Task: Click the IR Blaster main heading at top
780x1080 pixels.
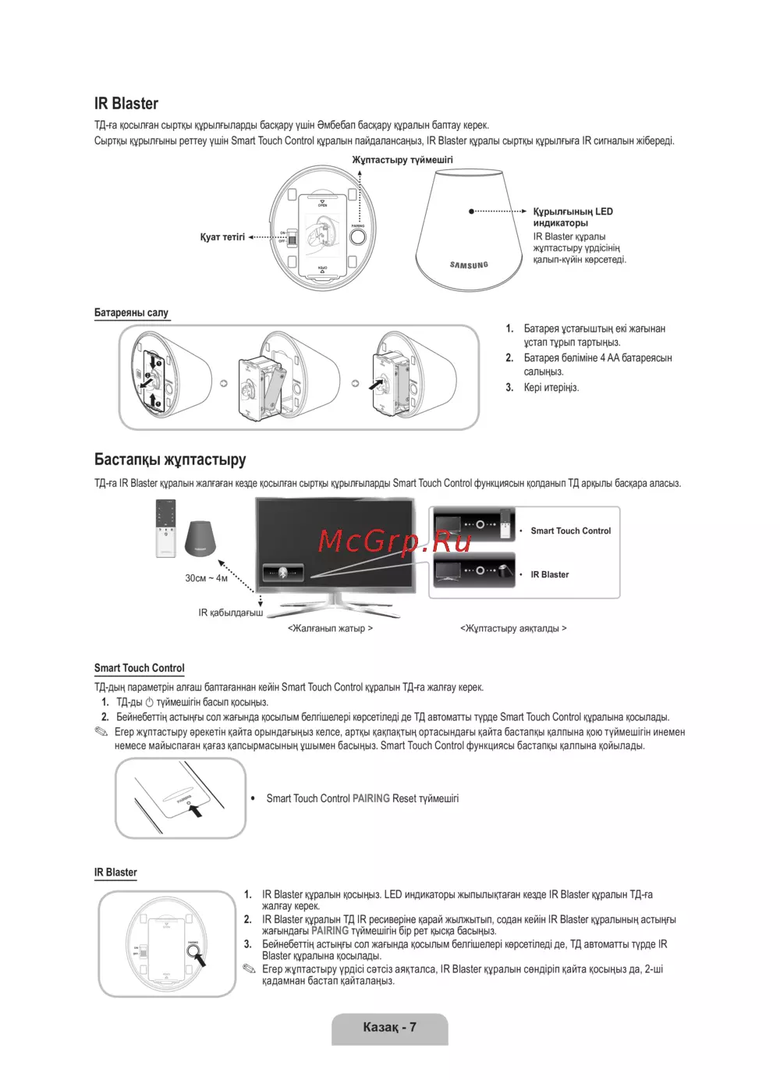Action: pyautogui.click(x=126, y=104)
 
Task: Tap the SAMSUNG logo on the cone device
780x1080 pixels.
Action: pyautogui.click(x=469, y=265)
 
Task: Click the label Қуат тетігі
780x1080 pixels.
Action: pyautogui.click(x=222, y=237)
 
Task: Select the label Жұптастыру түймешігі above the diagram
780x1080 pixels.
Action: pyautogui.click(x=402, y=160)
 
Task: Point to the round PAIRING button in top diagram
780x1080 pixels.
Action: pyautogui.click(x=358, y=236)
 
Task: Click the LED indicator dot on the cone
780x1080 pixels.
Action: pyautogui.click(x=471, y=211)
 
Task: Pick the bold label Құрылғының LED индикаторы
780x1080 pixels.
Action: pyautogui.click(x=573, y=217)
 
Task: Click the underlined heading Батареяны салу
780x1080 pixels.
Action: pyautogui.click(x=131, y=313)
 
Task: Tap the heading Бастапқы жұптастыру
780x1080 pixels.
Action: pyautogui.click(x=170, y=460)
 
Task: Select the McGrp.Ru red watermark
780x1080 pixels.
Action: pyautogui.click(x=395, y=540)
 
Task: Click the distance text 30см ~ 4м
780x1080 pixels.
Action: pyautogui.click(x=207, y=578)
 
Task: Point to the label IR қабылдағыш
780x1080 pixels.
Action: pyautogui.click(x=230, y=613)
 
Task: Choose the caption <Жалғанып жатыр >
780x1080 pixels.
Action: pyautogui.click(x=330, y=628)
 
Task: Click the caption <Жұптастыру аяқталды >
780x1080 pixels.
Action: pyautogui.click(x=513, y=628)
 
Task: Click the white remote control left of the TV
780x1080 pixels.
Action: pyautogui.click(x=165, y=528)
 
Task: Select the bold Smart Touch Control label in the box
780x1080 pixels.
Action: pyautogui.click(x=571, y=531)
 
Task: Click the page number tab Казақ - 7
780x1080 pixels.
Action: pyautogui.click(x=389, y=1028)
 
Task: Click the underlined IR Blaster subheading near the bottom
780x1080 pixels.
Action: pyautogui.click(x=115, y=872)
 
